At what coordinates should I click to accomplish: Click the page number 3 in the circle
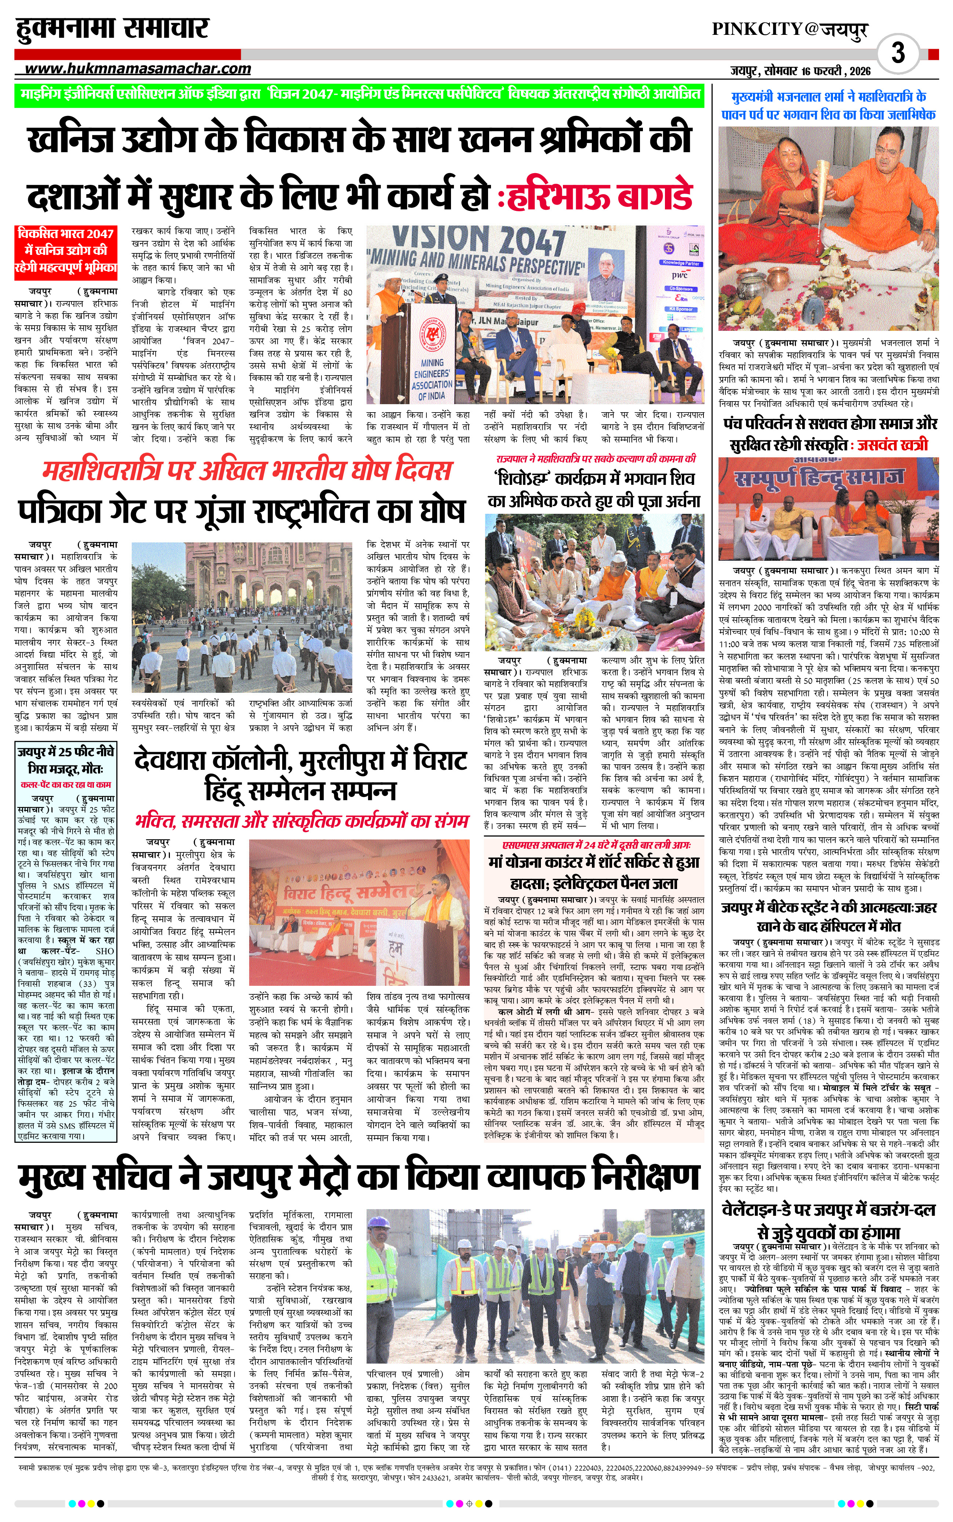point(898,52)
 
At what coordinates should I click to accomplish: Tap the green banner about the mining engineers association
point(359,95)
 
